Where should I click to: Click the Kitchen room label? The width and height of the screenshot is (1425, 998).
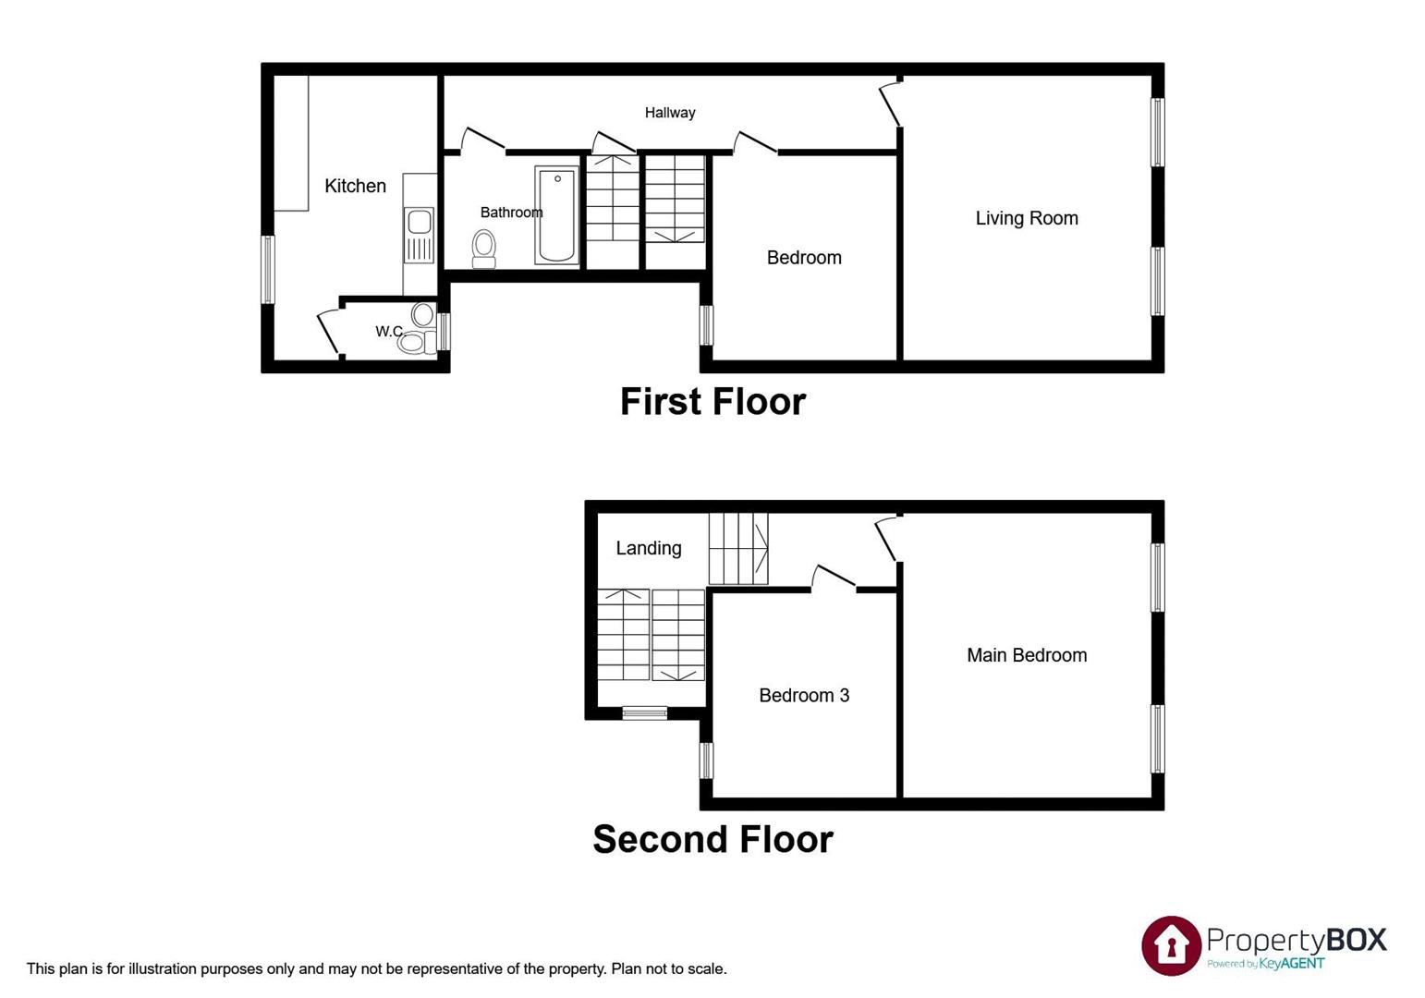[x=355, y=186]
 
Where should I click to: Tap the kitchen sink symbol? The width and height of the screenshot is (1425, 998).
[x=419, y=223]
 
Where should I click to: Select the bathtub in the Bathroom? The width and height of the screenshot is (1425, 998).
[x=556, y=214]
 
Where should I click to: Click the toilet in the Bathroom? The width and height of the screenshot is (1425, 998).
[x=483, y=248]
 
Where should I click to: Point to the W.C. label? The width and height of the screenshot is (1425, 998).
[x=389, y=331]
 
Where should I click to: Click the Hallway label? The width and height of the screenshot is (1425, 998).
[x=670, y=113]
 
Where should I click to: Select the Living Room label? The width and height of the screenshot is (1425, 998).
[x=1027, y=218]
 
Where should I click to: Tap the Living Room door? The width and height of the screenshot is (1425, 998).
[x=889, y=103]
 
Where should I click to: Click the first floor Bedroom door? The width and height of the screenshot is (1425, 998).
[x=755, y=142]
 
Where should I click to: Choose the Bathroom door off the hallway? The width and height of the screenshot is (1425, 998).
[x=481, y=139]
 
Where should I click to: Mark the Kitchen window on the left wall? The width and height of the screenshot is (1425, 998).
[x=268, y=270]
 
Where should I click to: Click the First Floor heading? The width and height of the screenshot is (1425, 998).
[x=712, y=402]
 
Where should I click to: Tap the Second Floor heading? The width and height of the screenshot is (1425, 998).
[x=712, y=839]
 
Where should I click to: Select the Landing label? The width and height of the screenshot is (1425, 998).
[x=649, y=548]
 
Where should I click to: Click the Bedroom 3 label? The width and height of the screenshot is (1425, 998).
[x=804, y=695]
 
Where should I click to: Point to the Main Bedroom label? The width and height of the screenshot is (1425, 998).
[x=1027, y=655]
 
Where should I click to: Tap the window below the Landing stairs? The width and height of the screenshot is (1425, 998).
[x=644, y=712]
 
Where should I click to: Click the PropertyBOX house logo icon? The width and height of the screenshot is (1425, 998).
[x=1171, y=945]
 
